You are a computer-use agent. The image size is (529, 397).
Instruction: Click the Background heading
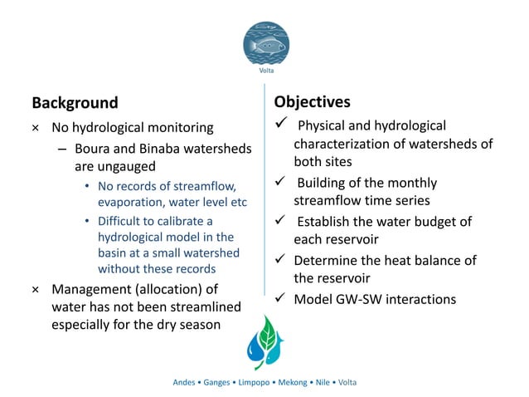75,103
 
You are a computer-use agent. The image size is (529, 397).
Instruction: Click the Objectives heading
312,101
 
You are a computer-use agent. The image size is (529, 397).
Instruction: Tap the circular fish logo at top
264,42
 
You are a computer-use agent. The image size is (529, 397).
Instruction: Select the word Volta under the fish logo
264,71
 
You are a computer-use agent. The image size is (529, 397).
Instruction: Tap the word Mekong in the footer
287,382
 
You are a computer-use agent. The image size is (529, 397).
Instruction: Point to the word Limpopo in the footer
250,382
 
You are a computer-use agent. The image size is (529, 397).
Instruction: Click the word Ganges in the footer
216,382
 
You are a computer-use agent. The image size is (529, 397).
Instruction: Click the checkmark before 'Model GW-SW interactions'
279,297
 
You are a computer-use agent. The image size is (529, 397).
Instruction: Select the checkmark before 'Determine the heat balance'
279,260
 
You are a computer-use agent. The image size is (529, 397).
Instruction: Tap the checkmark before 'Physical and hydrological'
279,125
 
